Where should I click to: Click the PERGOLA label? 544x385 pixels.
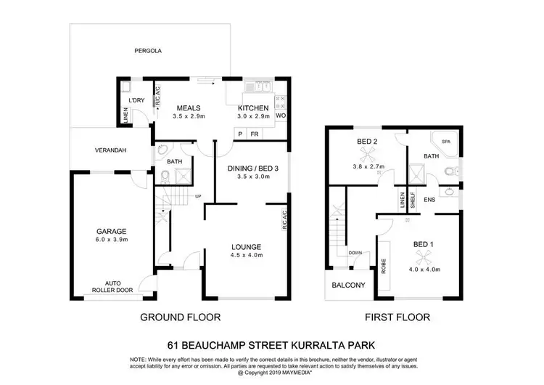point(147,52)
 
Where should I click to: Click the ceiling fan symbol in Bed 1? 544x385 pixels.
point(422,256)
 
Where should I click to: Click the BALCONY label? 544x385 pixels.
point(350,285)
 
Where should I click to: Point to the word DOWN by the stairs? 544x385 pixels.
point(355,253)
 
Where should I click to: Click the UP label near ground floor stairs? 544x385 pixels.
point(198,196)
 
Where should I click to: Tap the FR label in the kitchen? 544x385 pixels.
point(255,134)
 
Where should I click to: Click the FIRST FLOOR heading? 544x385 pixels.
point(397,317)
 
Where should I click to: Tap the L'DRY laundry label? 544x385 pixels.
point(136,100)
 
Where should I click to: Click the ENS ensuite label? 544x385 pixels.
point(429,199)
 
